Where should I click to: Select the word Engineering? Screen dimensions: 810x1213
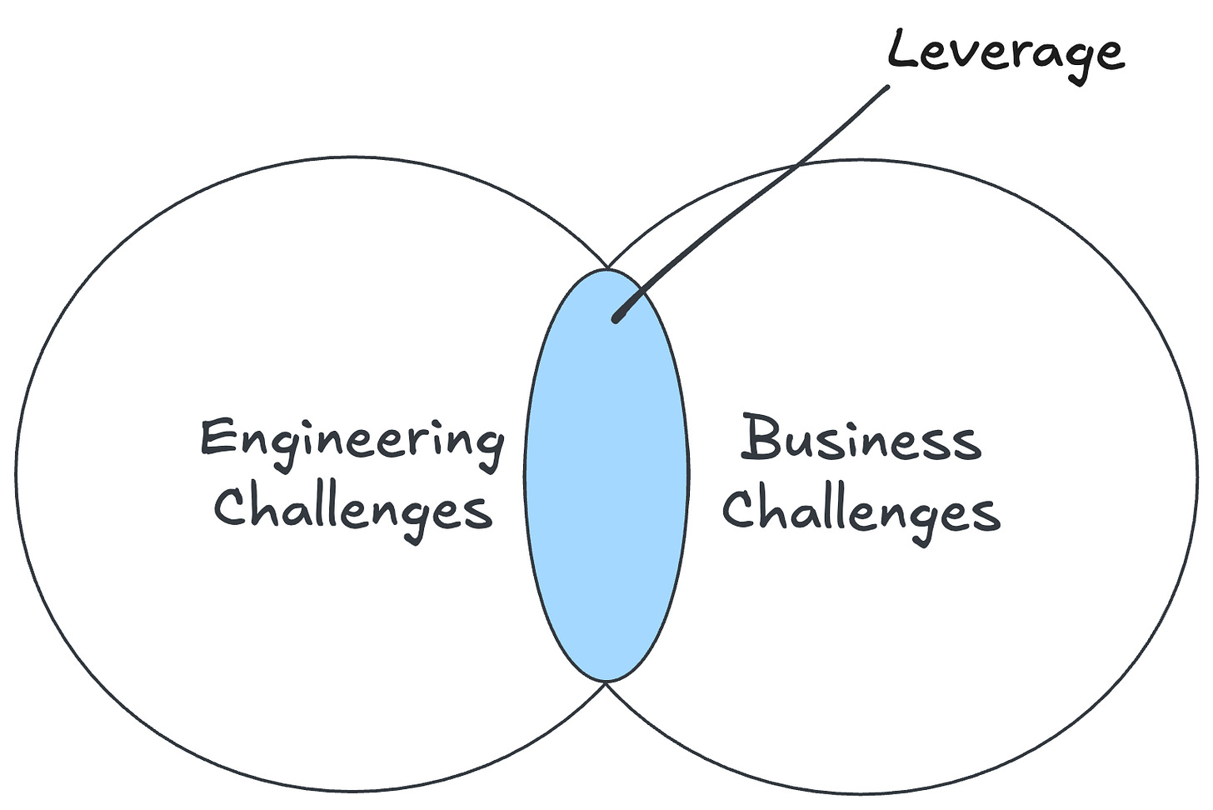pos(352,440)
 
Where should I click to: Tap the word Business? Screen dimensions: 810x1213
pos(861,438)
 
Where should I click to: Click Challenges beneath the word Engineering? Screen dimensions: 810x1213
pos(353,508)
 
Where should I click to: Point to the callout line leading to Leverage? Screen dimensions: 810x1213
pos(750,200)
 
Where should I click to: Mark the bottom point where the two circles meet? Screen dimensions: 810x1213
pos(607,682)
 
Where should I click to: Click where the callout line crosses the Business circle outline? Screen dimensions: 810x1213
pos(796,166)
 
